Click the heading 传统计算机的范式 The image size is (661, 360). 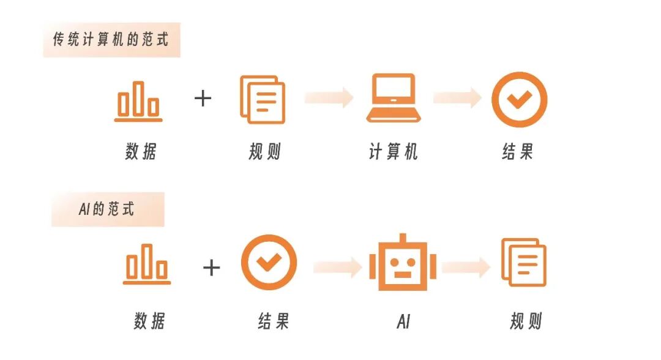point(111,41)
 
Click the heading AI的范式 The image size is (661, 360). point(106,209)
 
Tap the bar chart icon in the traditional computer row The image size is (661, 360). point(138,101)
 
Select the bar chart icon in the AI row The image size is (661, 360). point(147,264)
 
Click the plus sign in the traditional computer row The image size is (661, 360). point(203,98)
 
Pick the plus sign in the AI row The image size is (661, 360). point(211,267)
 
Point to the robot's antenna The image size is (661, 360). point(402,238)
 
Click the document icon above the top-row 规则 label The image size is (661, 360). point(262,99)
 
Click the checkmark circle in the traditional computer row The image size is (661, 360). point(519,100)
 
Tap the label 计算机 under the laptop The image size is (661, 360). point(393,152)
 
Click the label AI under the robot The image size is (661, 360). point(403,321)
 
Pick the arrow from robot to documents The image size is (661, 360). point(465,266)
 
